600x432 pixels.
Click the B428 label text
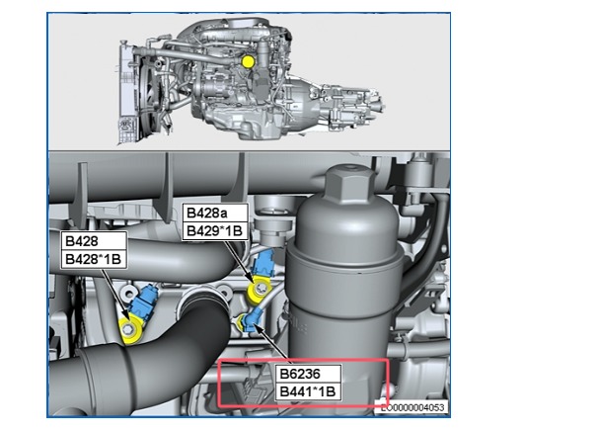coord(82,241)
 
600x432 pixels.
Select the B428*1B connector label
coord(94,259)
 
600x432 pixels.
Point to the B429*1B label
coord(215,230)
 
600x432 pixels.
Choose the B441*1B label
coord(308,391)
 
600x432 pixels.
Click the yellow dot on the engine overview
coord(248,61)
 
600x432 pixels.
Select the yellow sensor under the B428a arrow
coord(260,292)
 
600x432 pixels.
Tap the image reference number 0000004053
coord(412,407)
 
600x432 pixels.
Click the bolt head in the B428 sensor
coord(128,328)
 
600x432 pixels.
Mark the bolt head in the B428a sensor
coord(261,289)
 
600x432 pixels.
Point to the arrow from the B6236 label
coord(271,343)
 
